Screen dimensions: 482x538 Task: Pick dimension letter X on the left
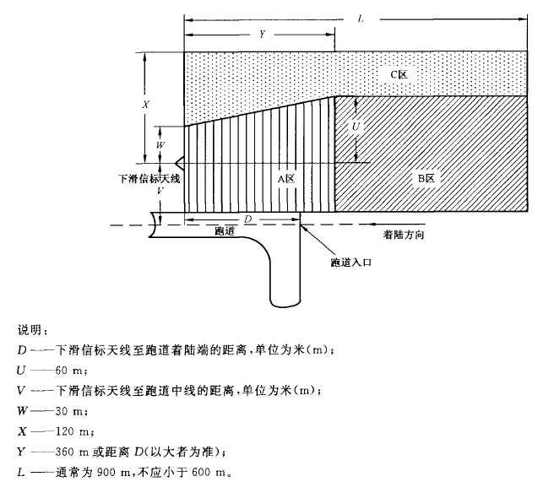(x=146, y=106)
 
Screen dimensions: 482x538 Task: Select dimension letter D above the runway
(x=247, y=219)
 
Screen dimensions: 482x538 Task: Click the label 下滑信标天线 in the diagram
(x=151, y=179)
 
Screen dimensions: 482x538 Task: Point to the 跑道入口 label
(x=351, y=263)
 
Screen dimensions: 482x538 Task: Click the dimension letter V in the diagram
(x=160, y=192)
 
